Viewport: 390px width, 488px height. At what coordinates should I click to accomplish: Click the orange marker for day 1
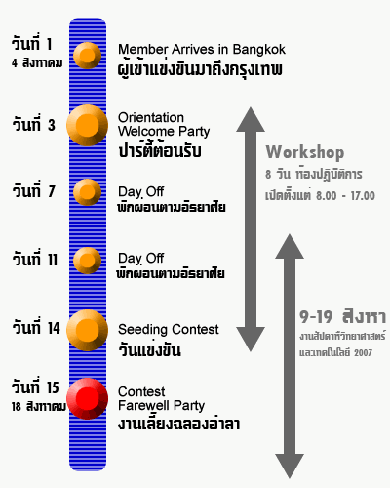point(87,56)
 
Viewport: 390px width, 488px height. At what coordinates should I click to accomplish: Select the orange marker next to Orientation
point(87,125)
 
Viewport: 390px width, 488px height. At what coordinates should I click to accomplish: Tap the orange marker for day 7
point(87,192)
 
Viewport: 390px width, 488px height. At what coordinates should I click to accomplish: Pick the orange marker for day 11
point(87,261)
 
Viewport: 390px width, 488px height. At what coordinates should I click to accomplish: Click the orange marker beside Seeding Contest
point(87,330)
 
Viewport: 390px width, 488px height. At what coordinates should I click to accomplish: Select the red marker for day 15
point(87,398)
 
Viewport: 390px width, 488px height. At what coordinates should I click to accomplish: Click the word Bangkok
point(259,50)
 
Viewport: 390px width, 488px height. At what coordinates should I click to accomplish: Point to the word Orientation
point(151,117)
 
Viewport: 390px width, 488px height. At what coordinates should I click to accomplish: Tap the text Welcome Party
point(164,132)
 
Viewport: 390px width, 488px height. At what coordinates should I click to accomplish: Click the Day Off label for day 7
point(141,192)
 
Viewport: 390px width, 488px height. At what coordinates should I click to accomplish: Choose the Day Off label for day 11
point(141,259)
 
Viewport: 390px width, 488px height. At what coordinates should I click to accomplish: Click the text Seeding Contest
point(169,330)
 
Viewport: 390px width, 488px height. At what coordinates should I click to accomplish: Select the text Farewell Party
point(162,406)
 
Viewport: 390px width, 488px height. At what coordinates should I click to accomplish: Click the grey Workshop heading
point(305,152)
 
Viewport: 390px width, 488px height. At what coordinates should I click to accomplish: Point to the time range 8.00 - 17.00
point(346,196)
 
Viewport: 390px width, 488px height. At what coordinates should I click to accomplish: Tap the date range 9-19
point(316,317)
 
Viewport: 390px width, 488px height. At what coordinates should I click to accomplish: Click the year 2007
point(364,353)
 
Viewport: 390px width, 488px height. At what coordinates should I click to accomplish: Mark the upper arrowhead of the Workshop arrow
point(251,120)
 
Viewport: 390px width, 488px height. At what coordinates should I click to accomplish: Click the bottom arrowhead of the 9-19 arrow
point(290,466)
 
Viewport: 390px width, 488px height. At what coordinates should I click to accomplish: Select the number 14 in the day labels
point(54,328)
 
